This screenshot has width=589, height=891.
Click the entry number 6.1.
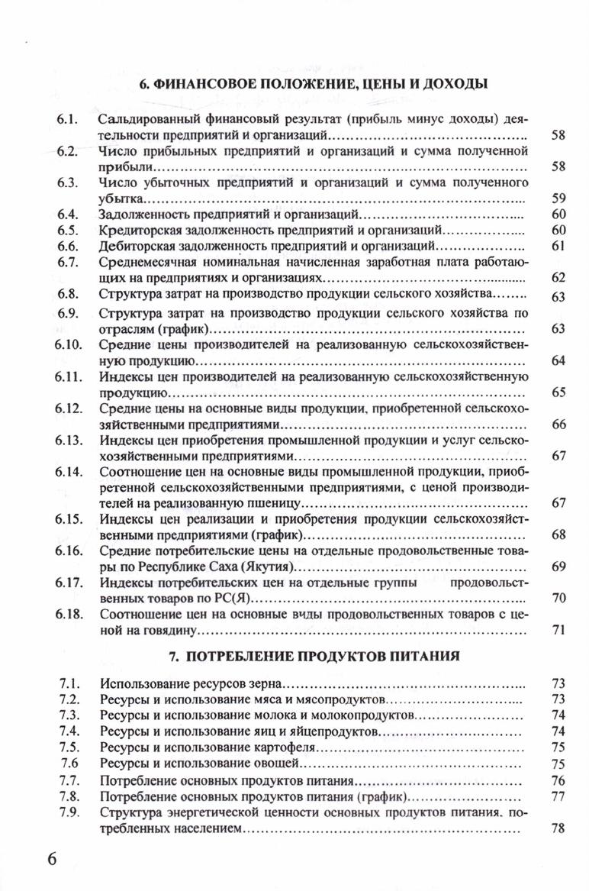pos(69,121)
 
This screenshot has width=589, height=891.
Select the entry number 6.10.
pos(68,345)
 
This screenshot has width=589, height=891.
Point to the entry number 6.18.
pos(68,614)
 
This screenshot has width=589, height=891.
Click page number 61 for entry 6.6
pos(557,246)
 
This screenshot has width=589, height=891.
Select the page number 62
pos(557,278)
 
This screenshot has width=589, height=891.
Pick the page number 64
pos(557,360)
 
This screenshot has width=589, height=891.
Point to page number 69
pos(557,566)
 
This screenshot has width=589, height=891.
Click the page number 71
pos(557,630)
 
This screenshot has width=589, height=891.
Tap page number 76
pos(557,780)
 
